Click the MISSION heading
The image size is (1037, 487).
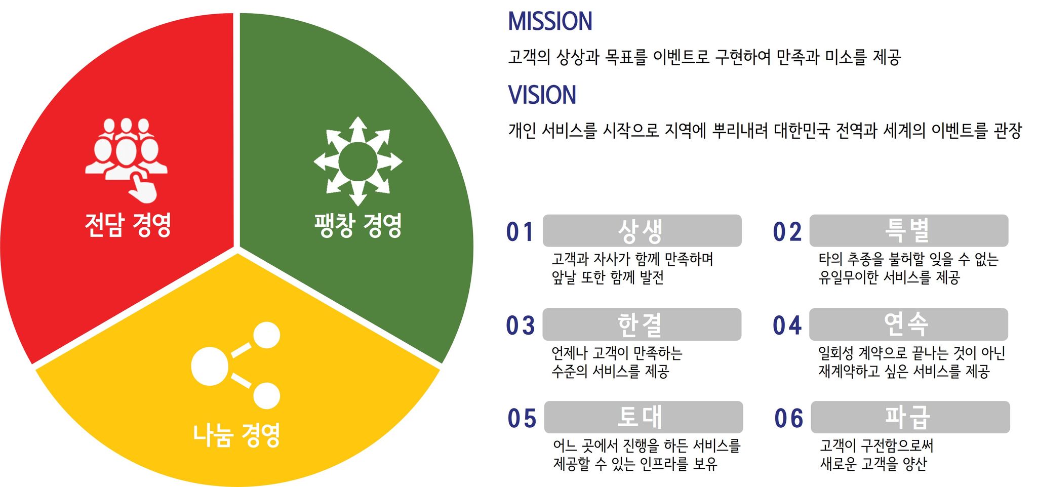(550, 22)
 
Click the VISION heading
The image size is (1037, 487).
(542, 95)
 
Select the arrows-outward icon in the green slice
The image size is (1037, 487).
(358, 161)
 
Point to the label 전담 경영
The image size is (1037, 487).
(128, 225)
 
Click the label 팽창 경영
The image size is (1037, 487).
(358, 225)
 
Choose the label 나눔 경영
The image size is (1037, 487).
(236, 435)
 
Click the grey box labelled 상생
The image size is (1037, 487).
(642, 231)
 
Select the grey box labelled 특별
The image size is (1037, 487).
(909, 231)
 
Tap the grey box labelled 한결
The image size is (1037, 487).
(642, 324)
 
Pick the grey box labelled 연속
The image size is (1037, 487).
(909, 324)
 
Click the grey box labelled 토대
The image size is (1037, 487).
(644, 417)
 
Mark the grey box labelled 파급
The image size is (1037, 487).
(910, 417)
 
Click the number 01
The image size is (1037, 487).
(520, 232)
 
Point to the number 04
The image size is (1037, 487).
(787, 326)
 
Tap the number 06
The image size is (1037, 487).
(789, 419)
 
